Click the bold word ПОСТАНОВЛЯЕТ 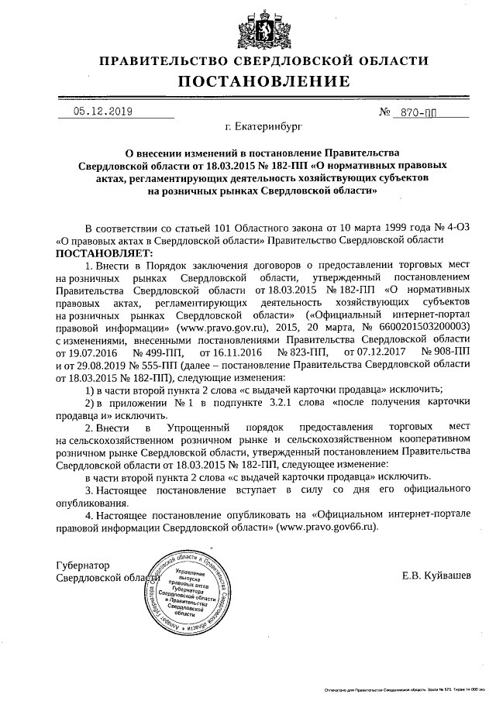[105, 253]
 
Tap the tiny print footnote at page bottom [404, 689]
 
